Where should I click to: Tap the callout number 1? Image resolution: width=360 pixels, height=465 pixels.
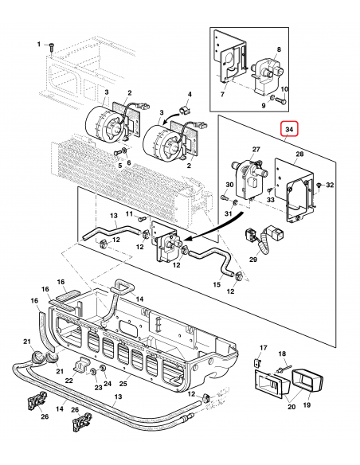[37, 45]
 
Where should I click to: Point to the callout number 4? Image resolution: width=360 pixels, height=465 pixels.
[190, 95]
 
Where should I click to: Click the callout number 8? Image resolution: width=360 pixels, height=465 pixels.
[278, 49]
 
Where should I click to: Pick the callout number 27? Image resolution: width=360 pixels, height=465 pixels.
[256, 149]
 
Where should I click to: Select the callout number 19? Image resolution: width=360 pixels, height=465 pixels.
[307, 404]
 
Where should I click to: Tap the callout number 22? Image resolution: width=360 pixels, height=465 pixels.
[68, 381]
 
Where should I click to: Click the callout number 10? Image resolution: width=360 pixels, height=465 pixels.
[284, 89]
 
